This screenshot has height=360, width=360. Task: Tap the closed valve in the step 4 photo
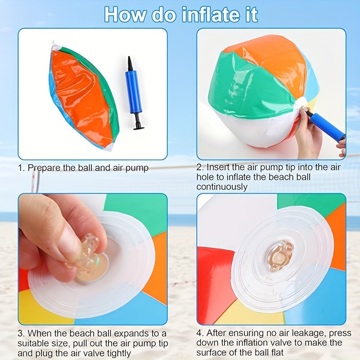tap(281, 256)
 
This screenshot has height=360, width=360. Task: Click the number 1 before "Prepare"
tap(21, 168)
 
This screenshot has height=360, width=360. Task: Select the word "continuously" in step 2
tap(222, 187)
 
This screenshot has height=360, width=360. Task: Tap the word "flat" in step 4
tap(276, 352)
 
